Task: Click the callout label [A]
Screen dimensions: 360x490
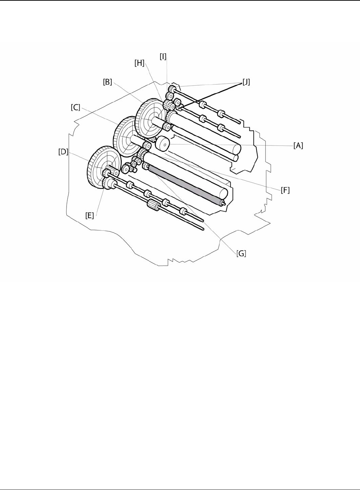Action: [298, 145]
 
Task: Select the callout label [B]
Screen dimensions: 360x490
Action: [107, 82]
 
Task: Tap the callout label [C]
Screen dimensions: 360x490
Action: [75, 107]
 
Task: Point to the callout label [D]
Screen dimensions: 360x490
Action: [63, 151]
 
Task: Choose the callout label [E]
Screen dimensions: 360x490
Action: [89, 216]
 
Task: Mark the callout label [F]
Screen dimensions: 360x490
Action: [285, 190]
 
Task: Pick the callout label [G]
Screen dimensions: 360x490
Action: [241, 254]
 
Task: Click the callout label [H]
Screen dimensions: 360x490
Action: [139, 63]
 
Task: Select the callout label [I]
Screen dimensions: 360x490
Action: [163, 57]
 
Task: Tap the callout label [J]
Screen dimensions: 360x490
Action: [246, 82]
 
